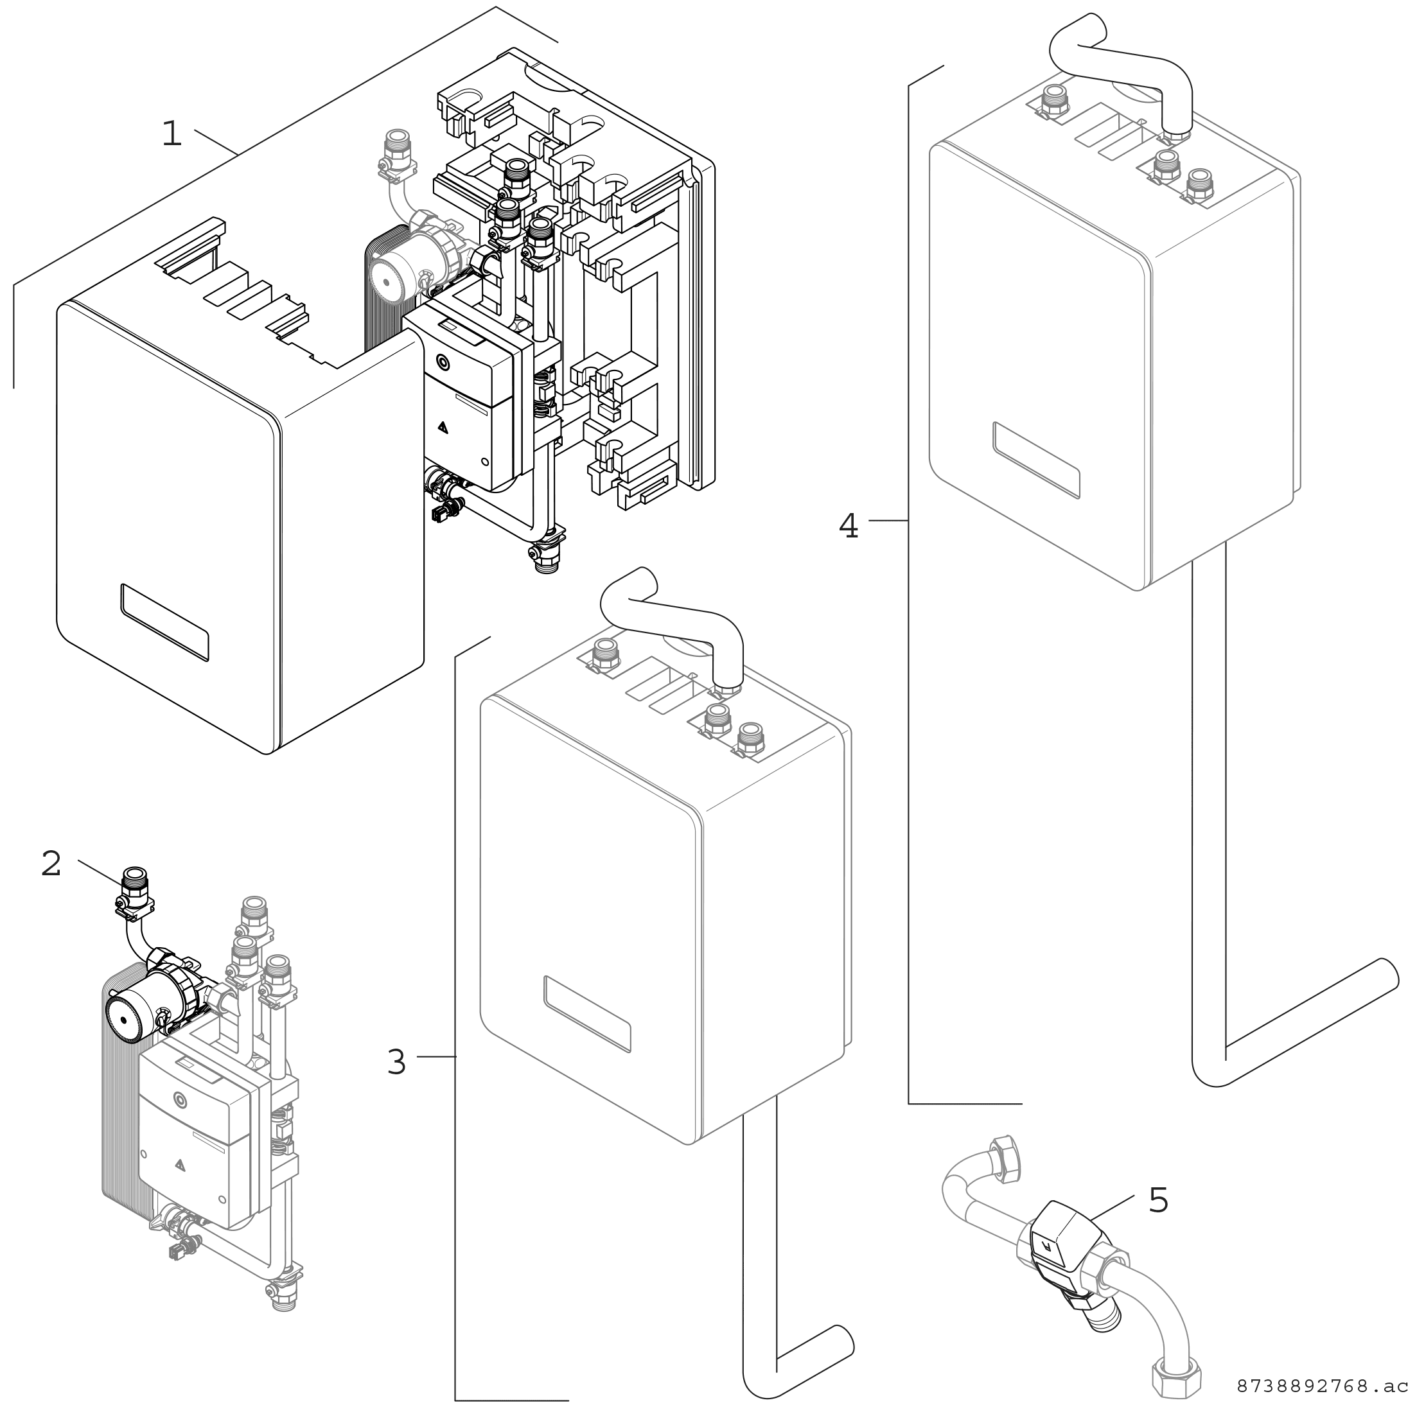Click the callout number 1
tap(172, 134)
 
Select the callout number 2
tap(51, 864)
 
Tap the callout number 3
tap(396, 1063)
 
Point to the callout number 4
tap(849, 525)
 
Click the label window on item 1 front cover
tap(164, 622)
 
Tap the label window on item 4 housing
tap(1035, 460)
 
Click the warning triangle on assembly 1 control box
tap(442, 428)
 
